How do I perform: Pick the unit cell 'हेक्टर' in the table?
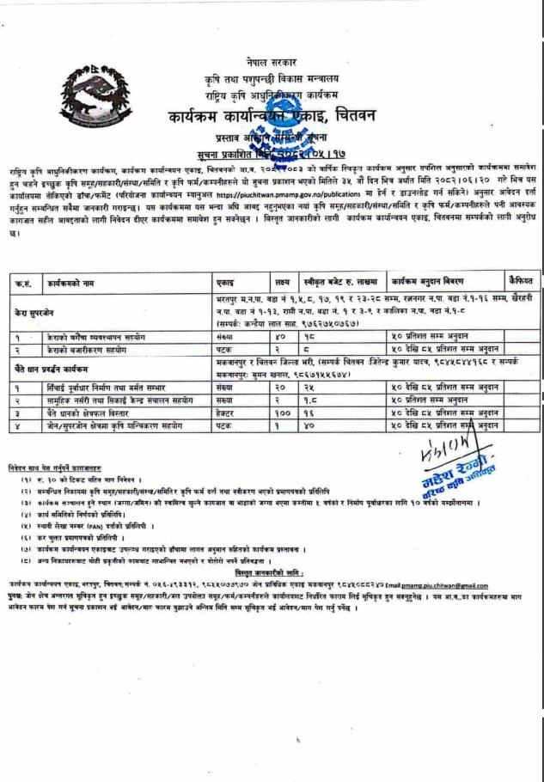click(x=227, y=413)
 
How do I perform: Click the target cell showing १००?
click(x=280, y=413)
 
